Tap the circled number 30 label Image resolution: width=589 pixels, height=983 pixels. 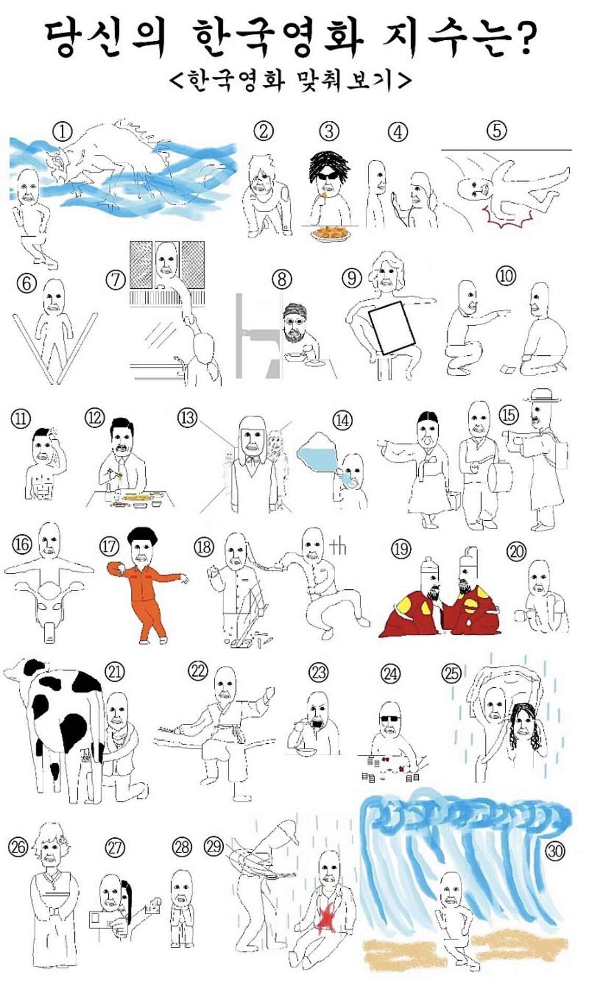pyautogui.click(x=555, y=851)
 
